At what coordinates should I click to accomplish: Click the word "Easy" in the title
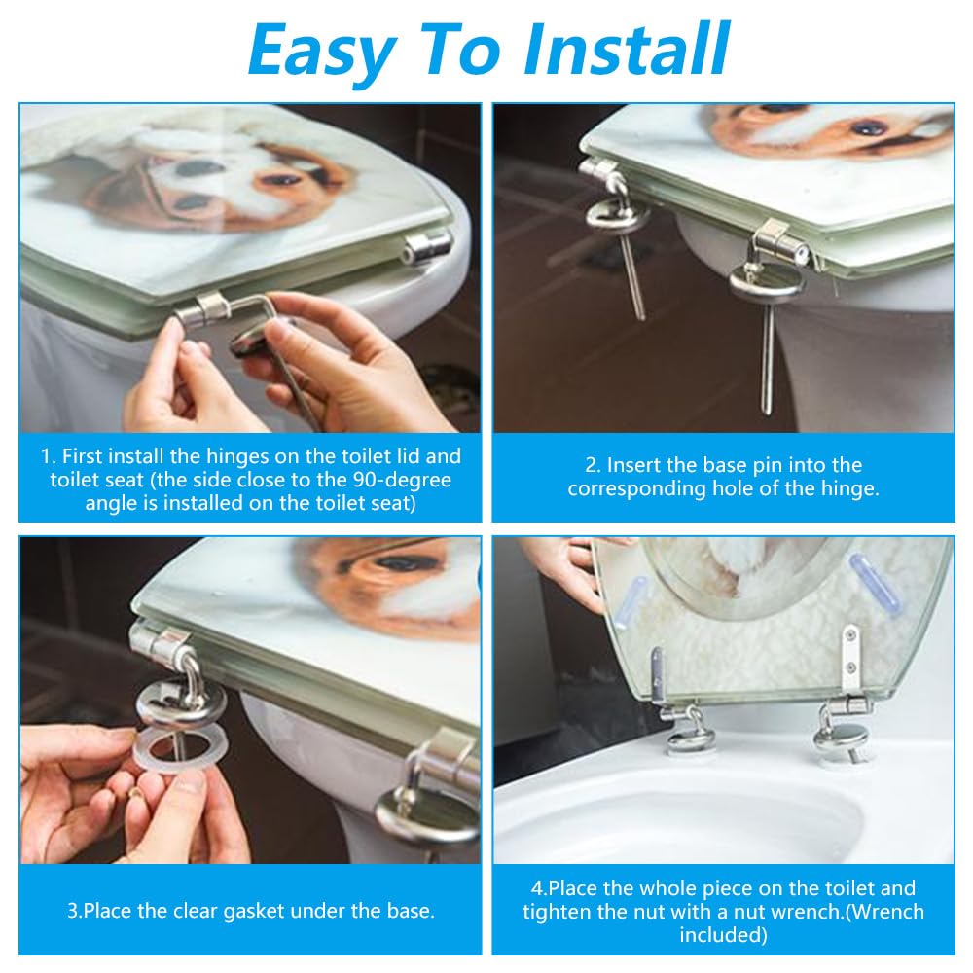click(x=323, y=51)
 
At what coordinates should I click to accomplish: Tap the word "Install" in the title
click(x=626, y=49)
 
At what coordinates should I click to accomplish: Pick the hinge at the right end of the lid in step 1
click(x=427, y=246)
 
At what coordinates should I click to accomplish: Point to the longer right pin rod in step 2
click(x=769, y=359)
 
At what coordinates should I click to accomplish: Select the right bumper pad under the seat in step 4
click(x=875, y=583)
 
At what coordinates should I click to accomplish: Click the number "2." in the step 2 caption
click(x=592, y=465)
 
